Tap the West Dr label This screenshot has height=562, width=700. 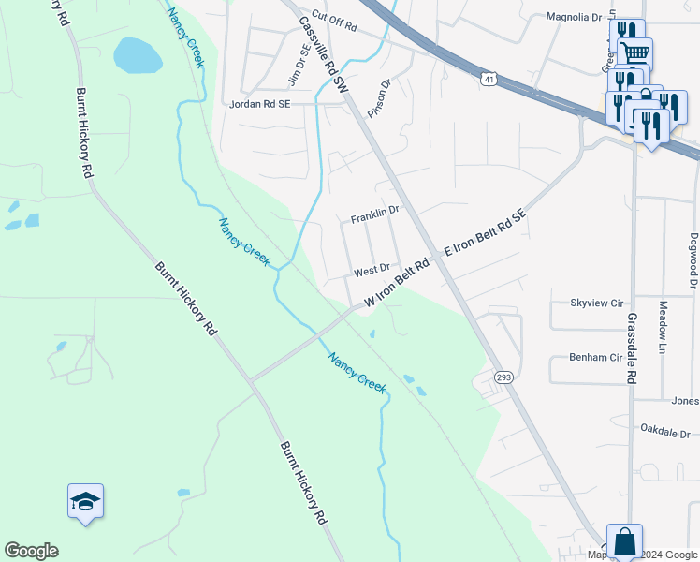click(x=371, y=272)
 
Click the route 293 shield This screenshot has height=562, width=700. click(x=503, y=377)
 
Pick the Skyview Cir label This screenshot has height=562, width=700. click(x=596, y=303)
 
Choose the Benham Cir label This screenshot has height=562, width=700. click(x=595, y=358)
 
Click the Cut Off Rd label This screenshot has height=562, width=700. click(x=335, y=17)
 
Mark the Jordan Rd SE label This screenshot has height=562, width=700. click(x=261, y=105)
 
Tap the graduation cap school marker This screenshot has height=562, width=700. click(x=85, y=502)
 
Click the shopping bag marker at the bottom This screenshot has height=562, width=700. click(x=624, y=541)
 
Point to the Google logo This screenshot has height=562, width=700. click(x=31, y=551)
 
